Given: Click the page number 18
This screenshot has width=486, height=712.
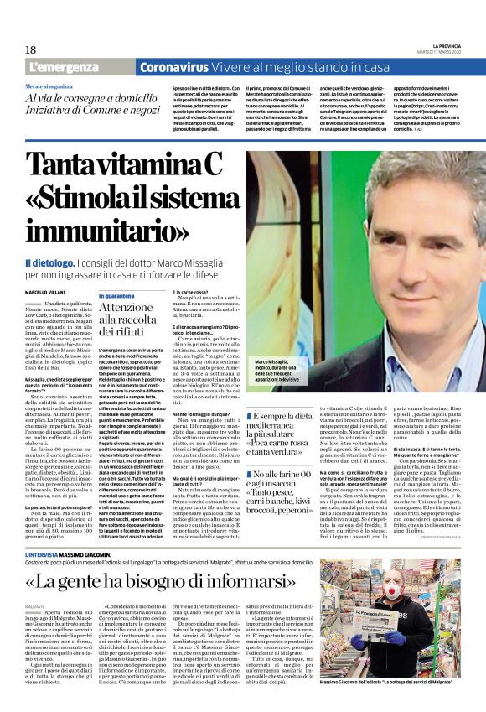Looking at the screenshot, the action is [x=30, y=49].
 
